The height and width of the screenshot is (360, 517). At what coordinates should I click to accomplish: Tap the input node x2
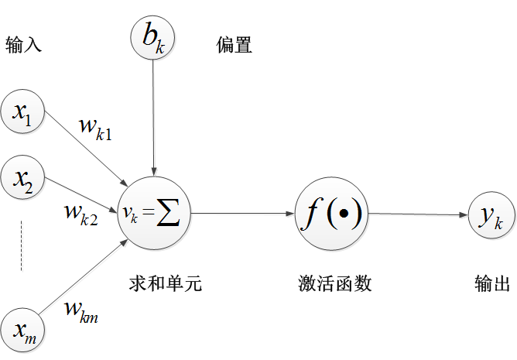pyautogui.click(x=24, y=177)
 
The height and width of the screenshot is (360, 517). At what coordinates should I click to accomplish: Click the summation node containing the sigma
pyautogui.click(x=156, y=213)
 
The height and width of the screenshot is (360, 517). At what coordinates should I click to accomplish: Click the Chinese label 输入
pyautogui.click(x=23, y=46)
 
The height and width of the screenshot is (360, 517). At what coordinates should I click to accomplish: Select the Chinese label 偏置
pyautogui.click(x=234, y=46)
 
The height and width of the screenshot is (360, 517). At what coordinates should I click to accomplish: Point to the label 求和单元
pyautogui.click(x=166, y=284)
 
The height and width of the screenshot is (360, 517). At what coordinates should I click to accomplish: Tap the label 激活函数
pyautogui.click(x=335, y=284)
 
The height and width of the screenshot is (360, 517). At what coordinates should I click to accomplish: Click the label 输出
pyautogui.click(x=491, y=284)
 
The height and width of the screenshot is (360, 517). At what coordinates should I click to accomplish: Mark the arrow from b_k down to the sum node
pyautogui.click(x=156, y=116)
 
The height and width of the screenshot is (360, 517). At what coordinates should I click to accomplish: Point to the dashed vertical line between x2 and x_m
pyautogui.click(x=21, y=246)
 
